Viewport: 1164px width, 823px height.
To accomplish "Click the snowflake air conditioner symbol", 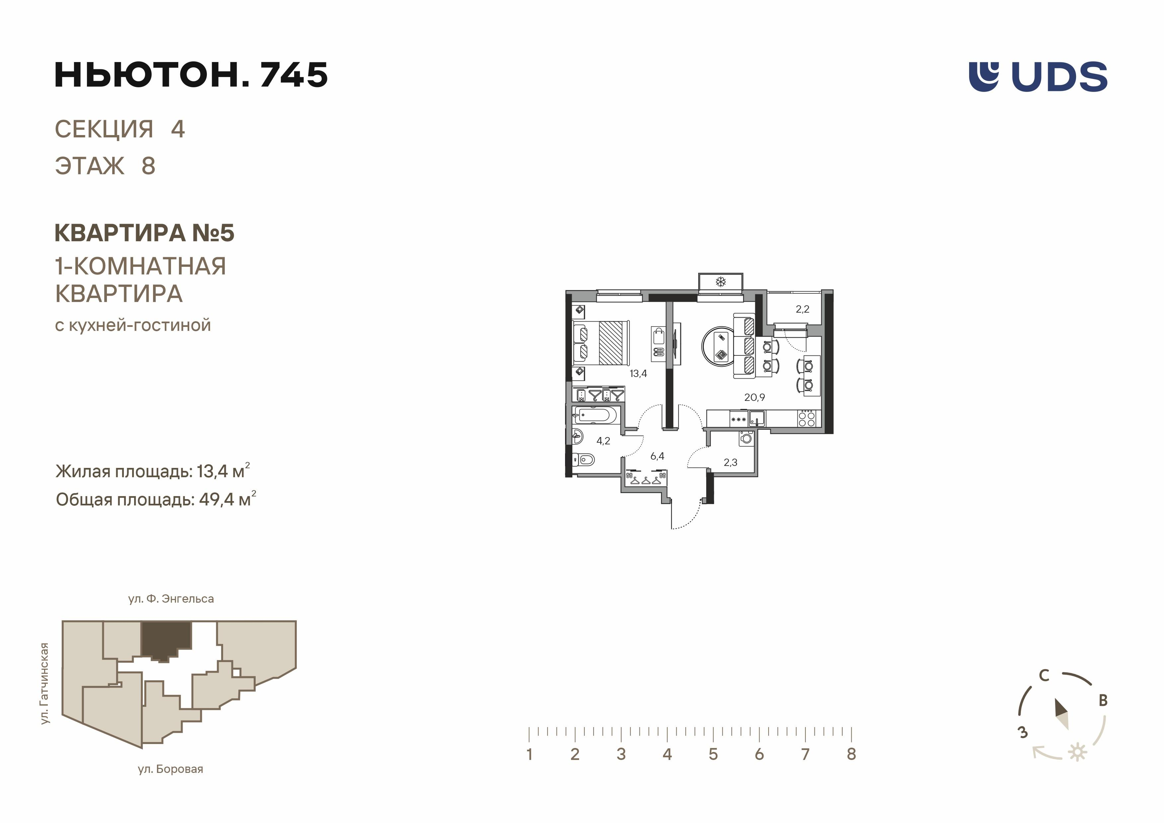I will pyautogui.click(x=720, y=282).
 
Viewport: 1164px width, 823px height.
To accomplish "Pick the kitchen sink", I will pyautogui.click(x=757, y=418).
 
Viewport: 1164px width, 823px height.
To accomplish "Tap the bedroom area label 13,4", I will pyautogui.click(x=638, y=373).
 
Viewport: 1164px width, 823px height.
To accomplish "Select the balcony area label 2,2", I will pyautogui.click(x=802, y=309).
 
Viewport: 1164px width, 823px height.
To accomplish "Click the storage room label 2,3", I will pyautogui.click(x=730, y=462).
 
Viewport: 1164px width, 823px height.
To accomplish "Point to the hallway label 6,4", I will pyautogui.click(x=657, y=456).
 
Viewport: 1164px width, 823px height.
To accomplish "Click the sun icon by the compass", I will pyautogui.click(x=1077, y=752).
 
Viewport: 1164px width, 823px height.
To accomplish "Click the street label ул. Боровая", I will pyautogui.click(x=170, y=769).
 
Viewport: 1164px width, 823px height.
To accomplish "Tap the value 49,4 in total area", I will pyautogui.click(x=216, y=500).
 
